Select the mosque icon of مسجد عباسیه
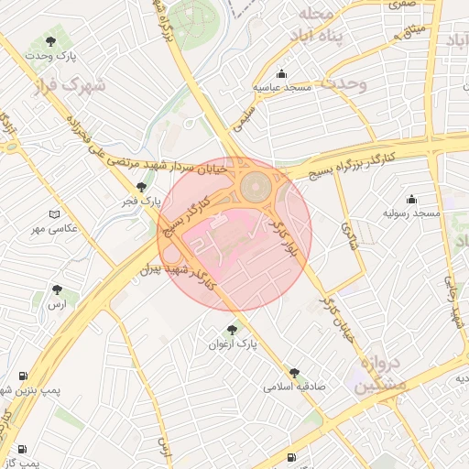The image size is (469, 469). coord(281,73)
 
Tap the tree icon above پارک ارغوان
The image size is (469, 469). coord(231,329)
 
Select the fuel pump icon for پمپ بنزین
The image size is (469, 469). coord(23,376)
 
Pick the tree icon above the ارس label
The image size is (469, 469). coord(60,289)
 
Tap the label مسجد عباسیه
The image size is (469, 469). coord(285,87)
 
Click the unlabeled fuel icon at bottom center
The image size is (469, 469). coord(290,456)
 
